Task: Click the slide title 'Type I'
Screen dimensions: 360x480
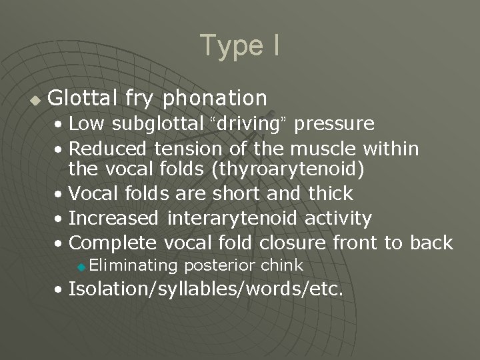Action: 239,45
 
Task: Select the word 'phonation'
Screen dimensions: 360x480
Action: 215,99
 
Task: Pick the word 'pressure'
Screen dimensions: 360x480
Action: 334,124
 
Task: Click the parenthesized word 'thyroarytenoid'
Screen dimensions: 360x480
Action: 287,170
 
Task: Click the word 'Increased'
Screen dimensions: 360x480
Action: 114,218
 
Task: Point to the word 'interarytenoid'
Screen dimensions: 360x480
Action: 233,218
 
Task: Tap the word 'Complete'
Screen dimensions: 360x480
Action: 112,242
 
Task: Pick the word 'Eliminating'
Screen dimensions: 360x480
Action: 133,265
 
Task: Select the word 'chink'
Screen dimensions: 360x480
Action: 282,265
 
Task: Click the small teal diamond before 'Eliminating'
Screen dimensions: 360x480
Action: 81,267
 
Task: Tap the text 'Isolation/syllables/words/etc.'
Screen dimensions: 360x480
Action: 207,289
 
